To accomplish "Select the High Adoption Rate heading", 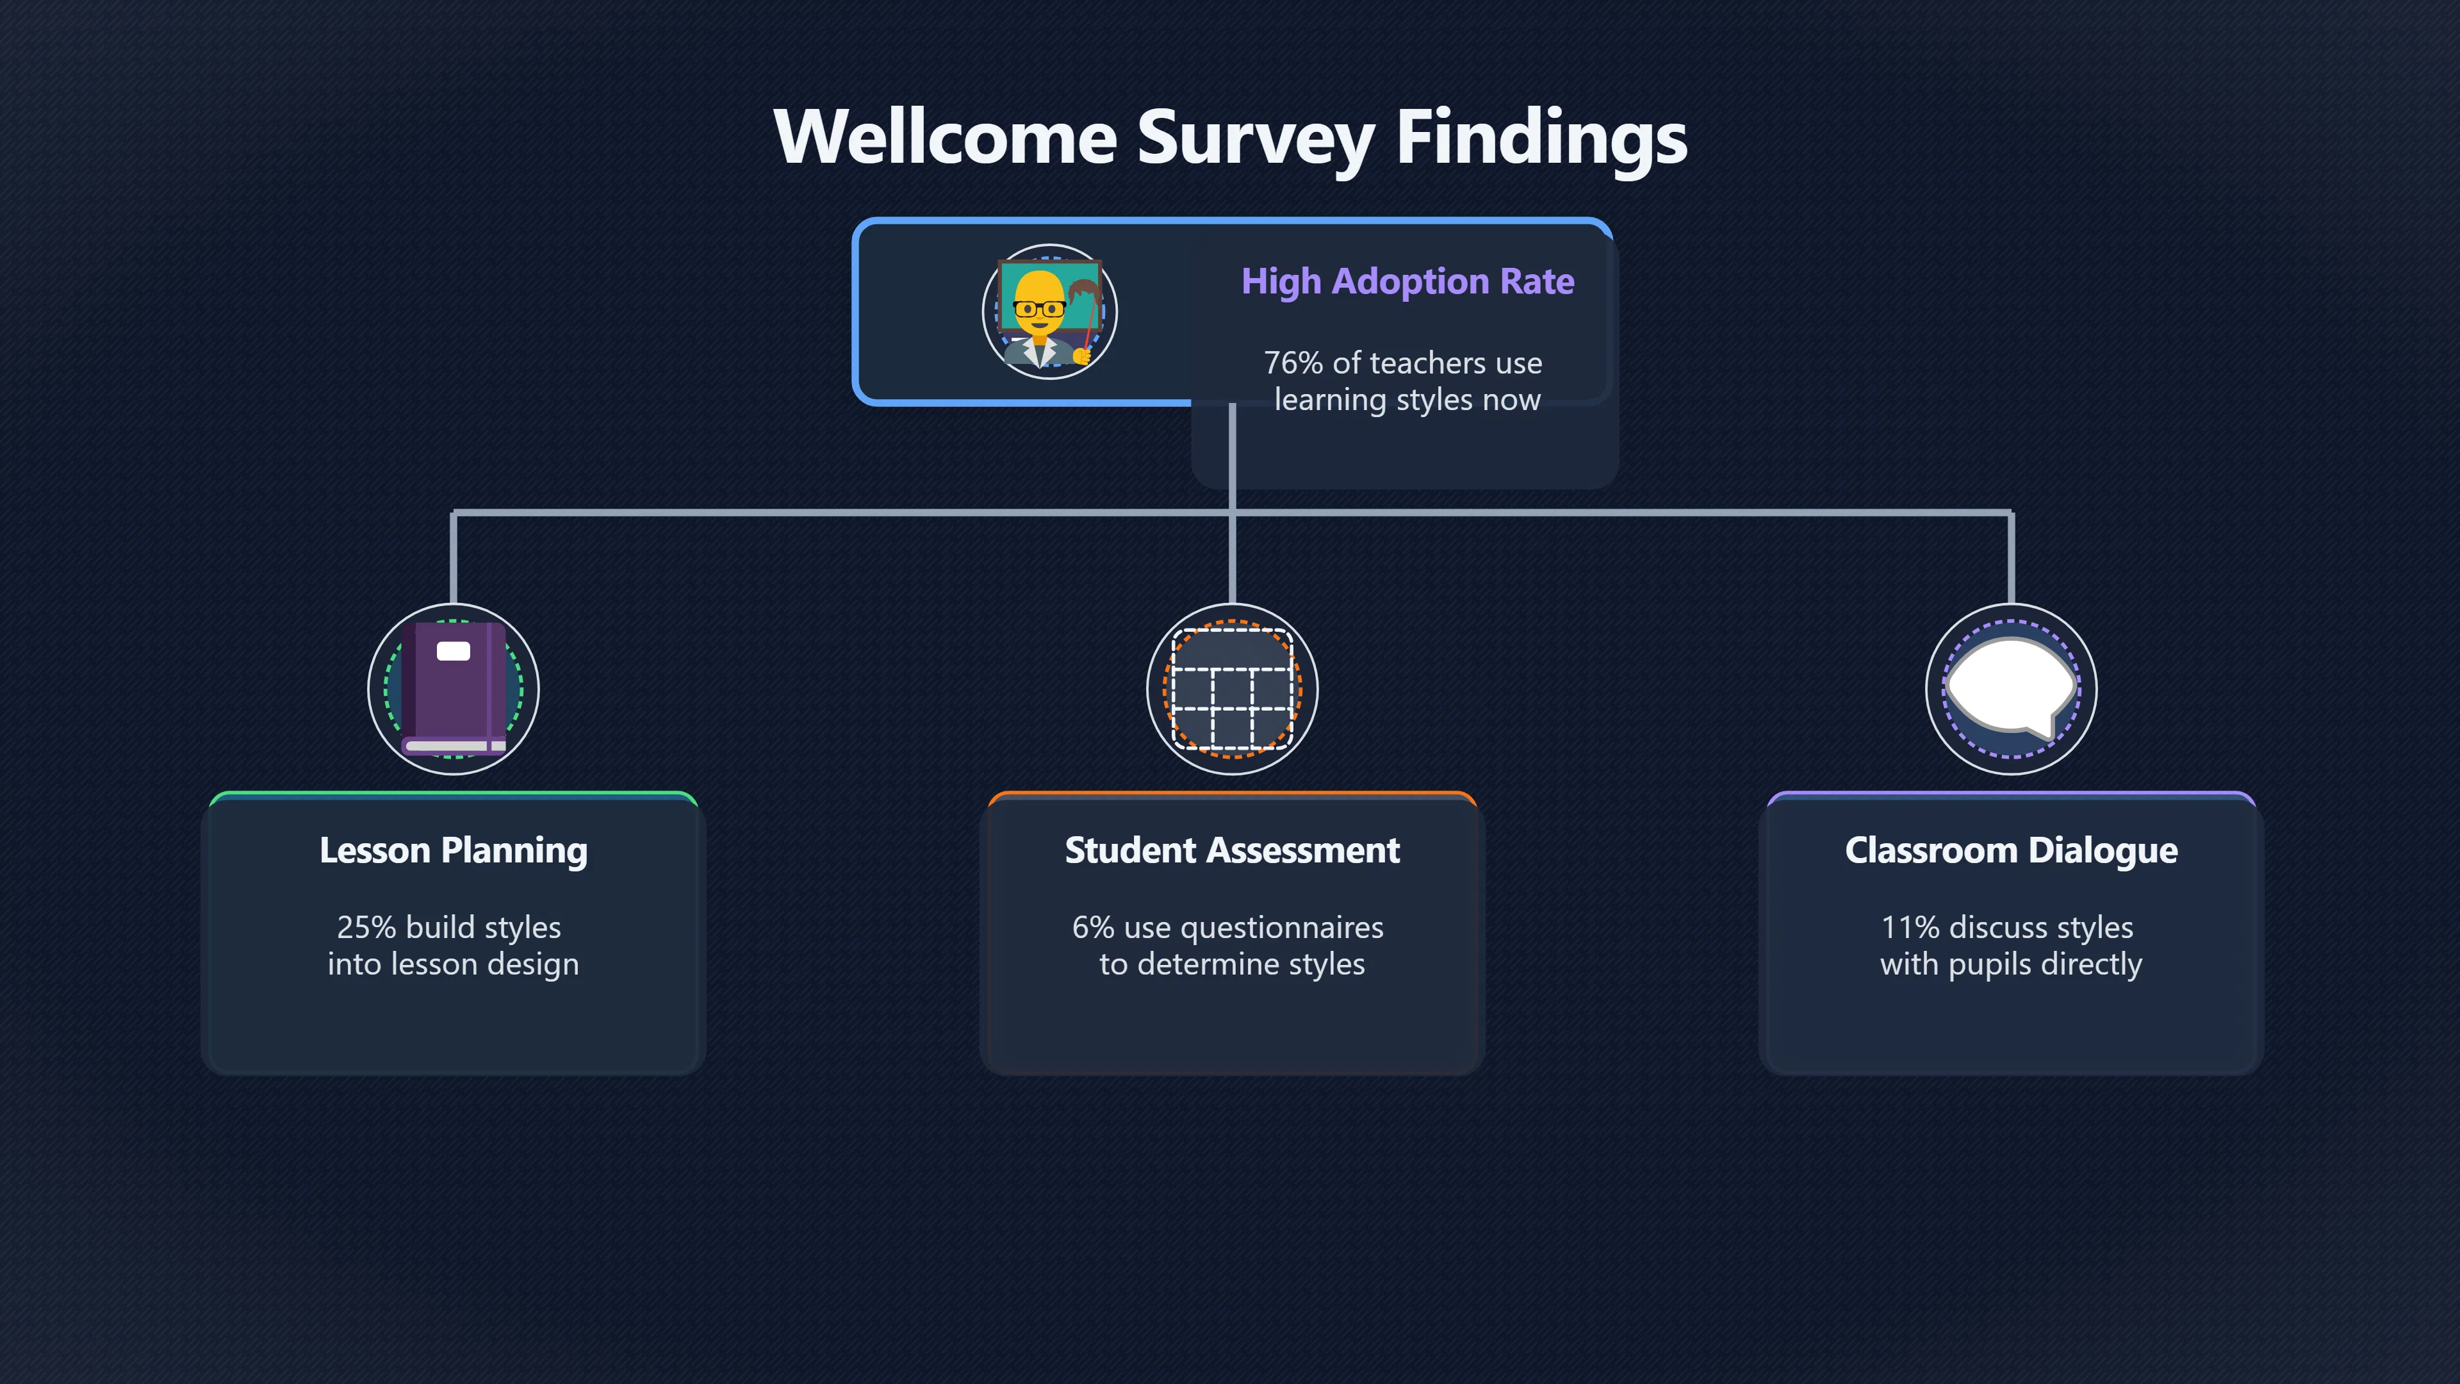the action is click(x=1407, y=282).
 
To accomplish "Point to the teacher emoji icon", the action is click(x=1049, y=311).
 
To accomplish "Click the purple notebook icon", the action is click(x=454, y=688).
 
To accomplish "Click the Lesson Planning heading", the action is click(x=454, y=850).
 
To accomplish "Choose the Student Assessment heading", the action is click(x=1232, y=850).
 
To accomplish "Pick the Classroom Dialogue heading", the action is click(x=2011, y=850).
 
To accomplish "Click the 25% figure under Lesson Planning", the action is click(x=366, y=927).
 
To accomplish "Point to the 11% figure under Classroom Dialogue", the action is click(x=1910, y=927).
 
